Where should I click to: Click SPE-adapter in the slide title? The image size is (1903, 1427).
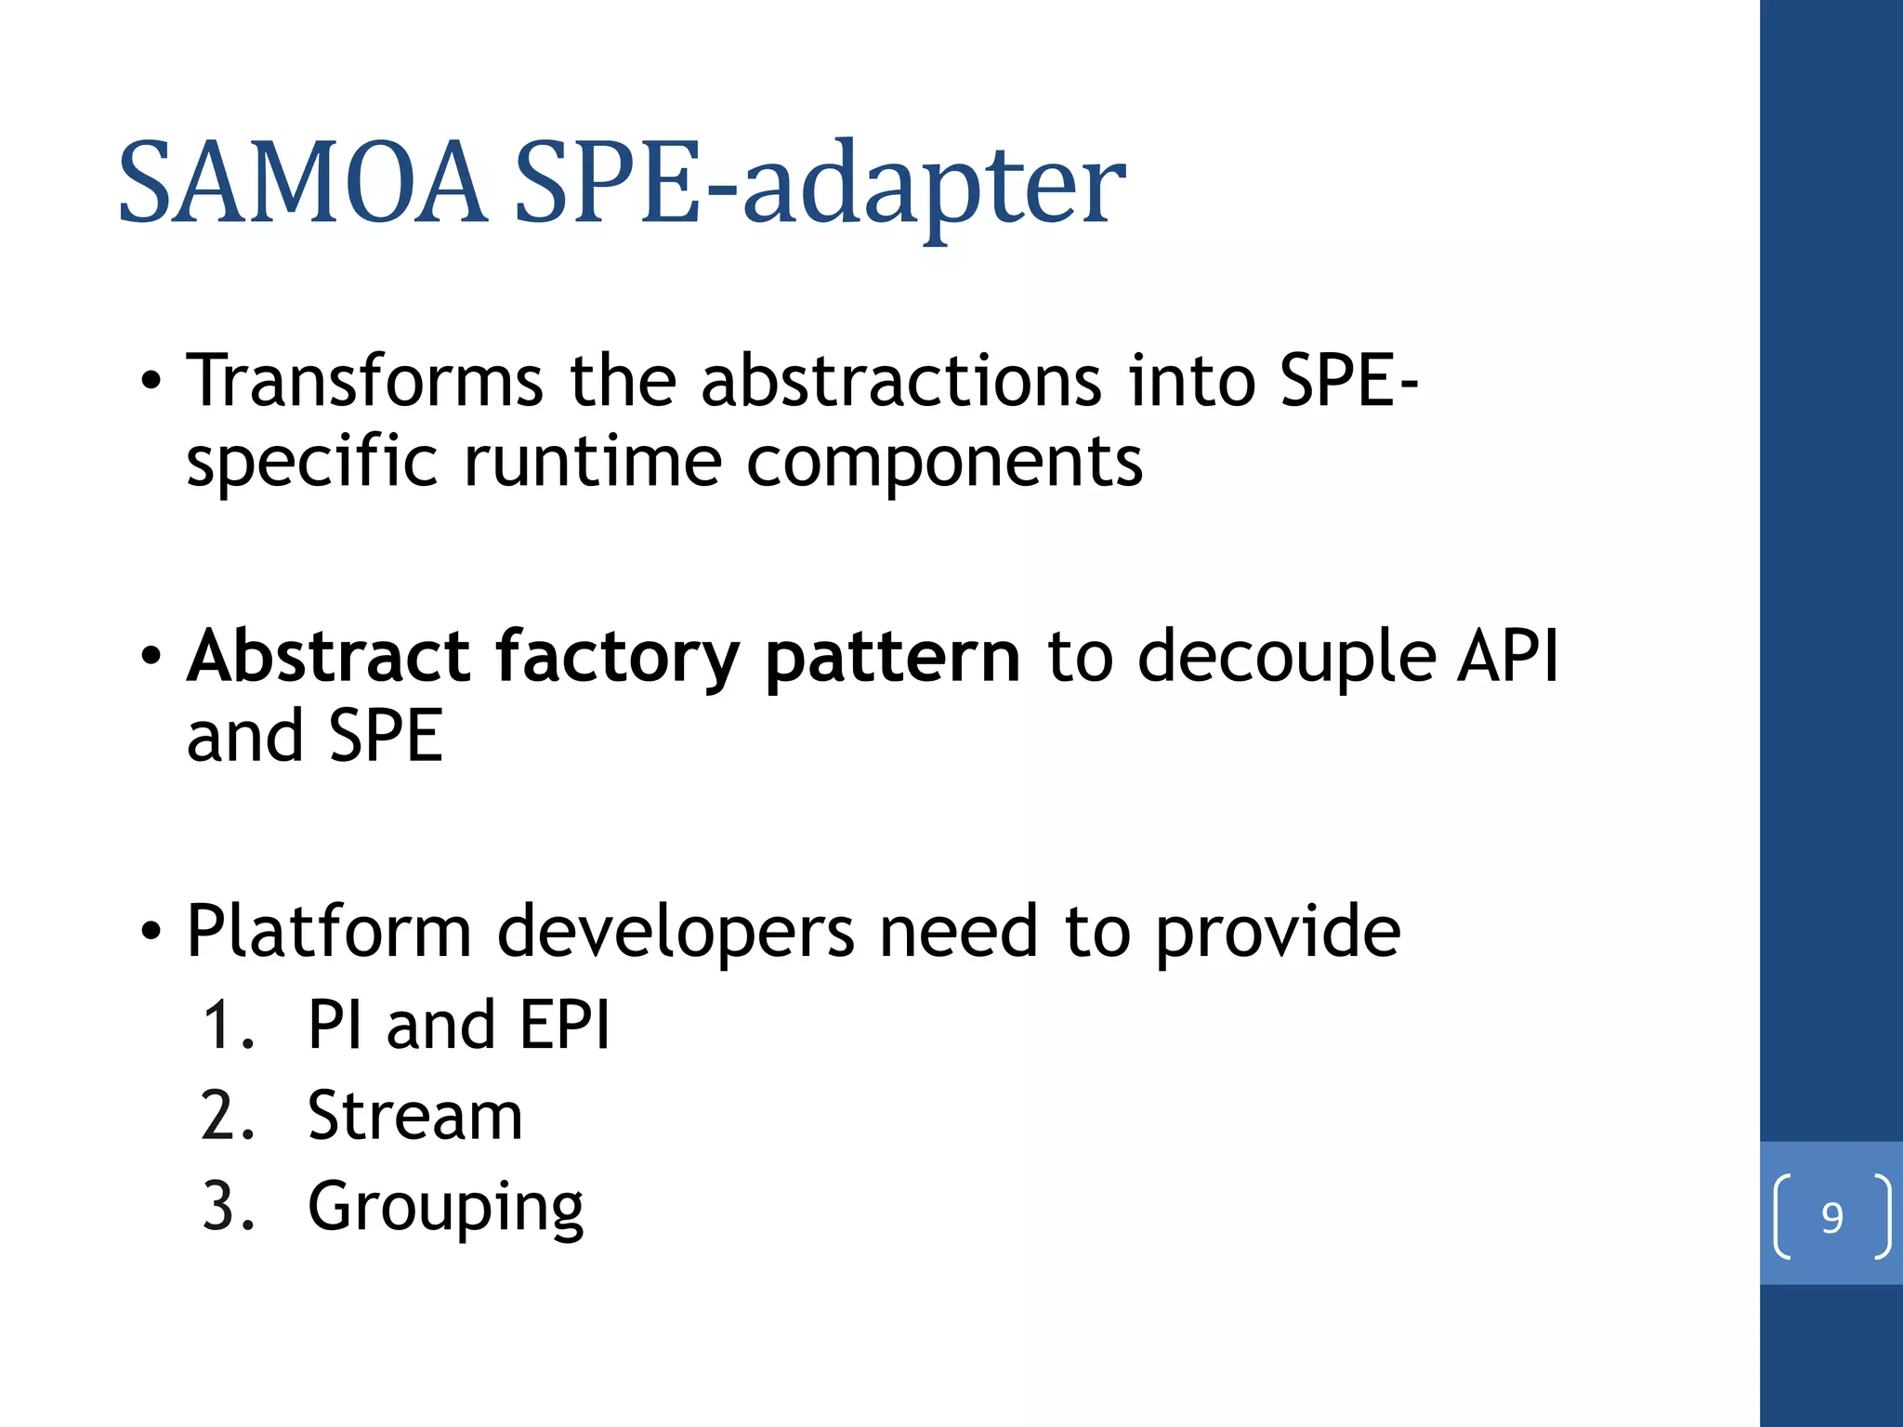820,184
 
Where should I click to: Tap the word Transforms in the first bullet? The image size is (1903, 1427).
364,381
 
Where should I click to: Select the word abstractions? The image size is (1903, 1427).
900,381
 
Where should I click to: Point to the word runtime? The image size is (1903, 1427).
592,462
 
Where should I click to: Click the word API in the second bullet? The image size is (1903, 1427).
1507,656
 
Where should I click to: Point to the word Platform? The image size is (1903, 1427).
329,932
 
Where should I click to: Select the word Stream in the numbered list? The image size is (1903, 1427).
414,1116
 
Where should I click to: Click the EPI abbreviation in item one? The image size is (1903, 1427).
564,1026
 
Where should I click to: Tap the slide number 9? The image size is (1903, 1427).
1831,1217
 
